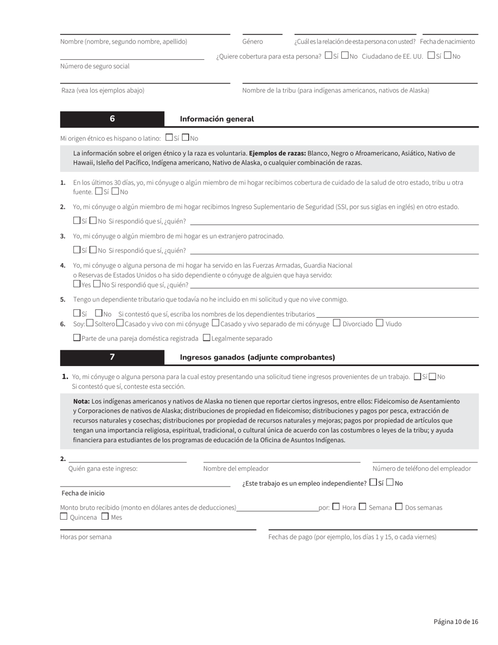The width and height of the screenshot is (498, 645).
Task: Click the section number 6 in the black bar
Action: [x=112, y=119]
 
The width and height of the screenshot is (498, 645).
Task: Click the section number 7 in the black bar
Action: [x=112, y=357]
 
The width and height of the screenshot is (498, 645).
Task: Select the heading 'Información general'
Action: [x=216, y=119]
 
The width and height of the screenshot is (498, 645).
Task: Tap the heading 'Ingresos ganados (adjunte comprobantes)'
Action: [x=257, y=357]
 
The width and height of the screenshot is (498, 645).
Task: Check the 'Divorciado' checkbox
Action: [x=337, y=323]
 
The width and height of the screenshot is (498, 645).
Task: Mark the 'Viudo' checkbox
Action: [x=380, y=323]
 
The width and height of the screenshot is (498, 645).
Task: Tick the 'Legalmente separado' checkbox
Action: [x=207, y=338]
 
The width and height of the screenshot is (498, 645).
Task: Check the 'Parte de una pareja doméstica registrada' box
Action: [x=77, y=338]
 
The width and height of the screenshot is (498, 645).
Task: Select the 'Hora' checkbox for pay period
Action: [x=336, y=507]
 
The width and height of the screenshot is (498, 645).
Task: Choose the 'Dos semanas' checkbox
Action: [x=399, y=507]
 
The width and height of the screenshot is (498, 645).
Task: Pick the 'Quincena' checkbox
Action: [x=64, y=517]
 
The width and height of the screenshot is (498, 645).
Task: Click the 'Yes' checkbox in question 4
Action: [x=77, y=284]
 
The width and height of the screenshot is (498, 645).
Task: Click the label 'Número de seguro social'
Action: [x=95, y=66]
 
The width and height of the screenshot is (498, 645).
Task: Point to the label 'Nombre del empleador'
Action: [x=236, y=468]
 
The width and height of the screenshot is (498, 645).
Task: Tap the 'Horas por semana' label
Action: [x=86, y=537]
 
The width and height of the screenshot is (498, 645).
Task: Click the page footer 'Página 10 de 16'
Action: [x=456, y=621]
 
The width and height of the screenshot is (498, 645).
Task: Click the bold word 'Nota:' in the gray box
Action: [x=81, y=401]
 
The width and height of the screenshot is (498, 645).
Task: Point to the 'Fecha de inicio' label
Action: [x=83, y=493]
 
